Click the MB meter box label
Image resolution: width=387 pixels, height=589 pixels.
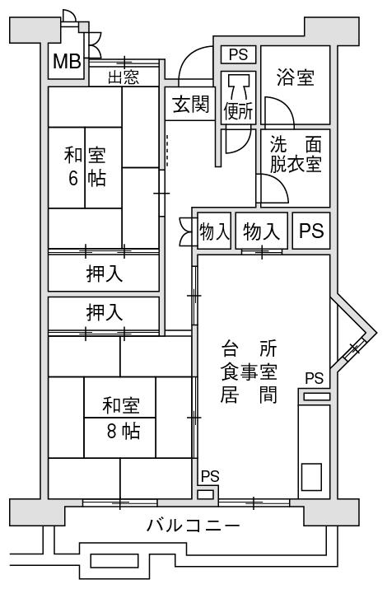point(67,61)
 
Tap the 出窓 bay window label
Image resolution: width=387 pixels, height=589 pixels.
point(124,77)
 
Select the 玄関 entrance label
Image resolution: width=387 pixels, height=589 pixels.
point(191,104)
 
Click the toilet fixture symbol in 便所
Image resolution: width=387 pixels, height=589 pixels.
point(238,86)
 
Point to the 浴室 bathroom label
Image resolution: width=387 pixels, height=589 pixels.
point(295,77)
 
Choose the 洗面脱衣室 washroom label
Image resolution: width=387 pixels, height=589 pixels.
point(296,154)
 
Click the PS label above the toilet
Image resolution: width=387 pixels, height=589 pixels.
point(238,54)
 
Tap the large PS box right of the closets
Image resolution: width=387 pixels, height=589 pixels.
point(311,231)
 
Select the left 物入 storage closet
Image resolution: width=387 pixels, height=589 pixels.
point(214,231)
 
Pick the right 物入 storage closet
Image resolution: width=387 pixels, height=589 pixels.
point(262,231)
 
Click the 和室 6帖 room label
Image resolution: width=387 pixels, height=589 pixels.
point(85,166)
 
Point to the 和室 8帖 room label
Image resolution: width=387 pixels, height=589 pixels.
point(121,418)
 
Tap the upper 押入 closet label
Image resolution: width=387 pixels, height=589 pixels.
point(105,273)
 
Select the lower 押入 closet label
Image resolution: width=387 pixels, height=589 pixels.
point(105,312)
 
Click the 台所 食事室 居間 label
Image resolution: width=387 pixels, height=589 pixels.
point(249,372)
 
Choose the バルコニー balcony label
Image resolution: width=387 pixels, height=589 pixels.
point(193,525)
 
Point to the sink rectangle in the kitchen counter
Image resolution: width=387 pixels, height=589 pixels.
point(311,477)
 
